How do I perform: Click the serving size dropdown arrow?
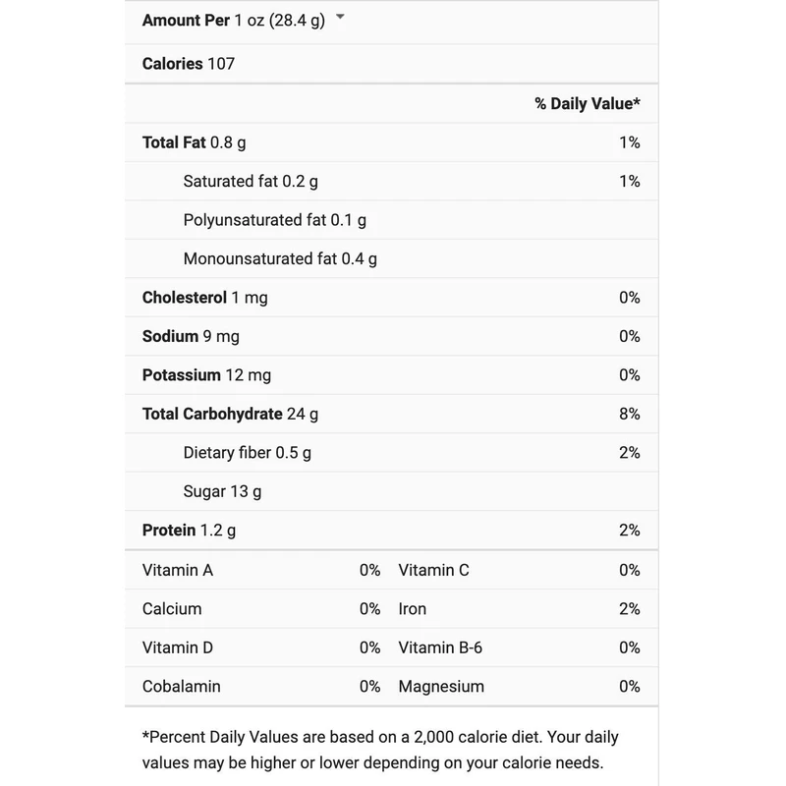coord(340,17)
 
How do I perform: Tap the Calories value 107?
coord(221,64)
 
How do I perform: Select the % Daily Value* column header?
coord(587,103)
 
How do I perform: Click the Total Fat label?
coord(174,142)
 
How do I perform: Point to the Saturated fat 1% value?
coord(629,181)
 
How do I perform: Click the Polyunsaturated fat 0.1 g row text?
coord(274,220)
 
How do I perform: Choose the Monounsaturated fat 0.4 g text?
coord(280,259)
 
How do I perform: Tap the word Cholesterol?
coord(185,297)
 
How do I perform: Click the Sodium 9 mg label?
coord(191,336)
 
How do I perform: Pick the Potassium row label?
coord(182,374)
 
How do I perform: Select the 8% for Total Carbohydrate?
coord(629,414)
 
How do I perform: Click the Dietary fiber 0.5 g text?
coord(247,452)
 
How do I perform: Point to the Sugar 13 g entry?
coord(222,491)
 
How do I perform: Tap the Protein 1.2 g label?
coord(189,531)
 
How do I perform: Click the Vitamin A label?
coord(178,570)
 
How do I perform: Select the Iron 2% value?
coord(629,609)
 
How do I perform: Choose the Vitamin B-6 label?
coord(440,647)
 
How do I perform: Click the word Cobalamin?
coord(182,687)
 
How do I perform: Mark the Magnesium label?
coord(441,687)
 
